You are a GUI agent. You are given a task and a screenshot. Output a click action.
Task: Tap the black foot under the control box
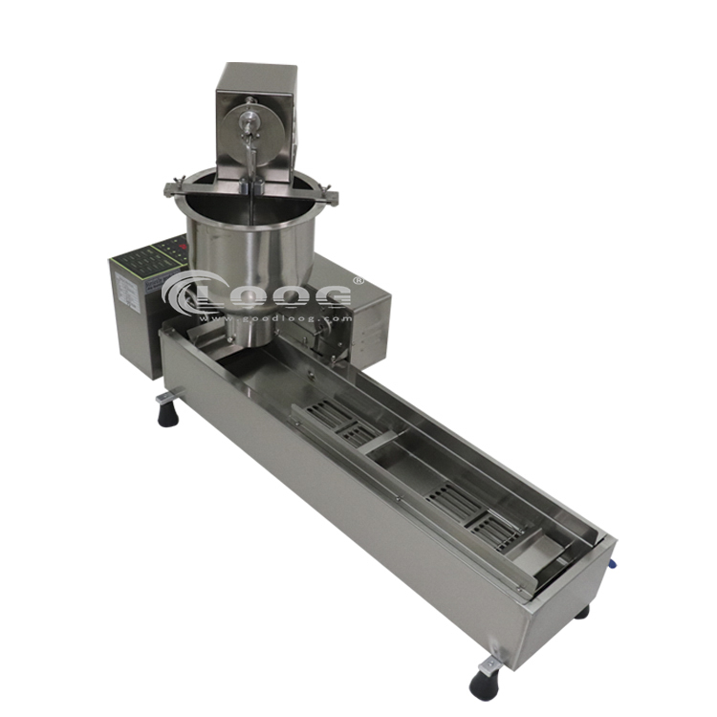pyautogui.click(x=168, y=412)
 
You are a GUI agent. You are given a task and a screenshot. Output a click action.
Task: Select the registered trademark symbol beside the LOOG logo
pyautogui.click(x=358, y=280)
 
